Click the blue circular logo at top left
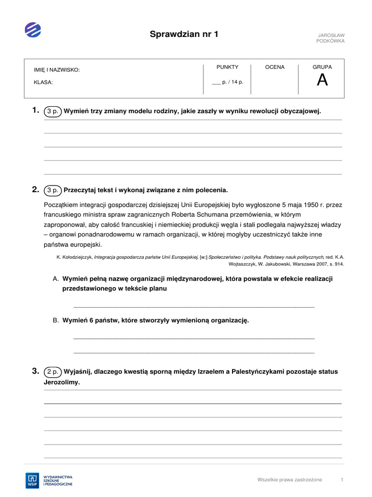(x=33, y=30)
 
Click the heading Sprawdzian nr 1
(x=184, y=34)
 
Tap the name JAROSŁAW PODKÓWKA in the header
(x=330, y=38)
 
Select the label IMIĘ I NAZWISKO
(x=57, y=70)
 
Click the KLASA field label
(x=43, y=82)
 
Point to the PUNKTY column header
(x=227, y=67)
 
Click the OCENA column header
(x=275, y=67)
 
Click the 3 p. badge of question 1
(x=52, y=111)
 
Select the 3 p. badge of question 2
(x=52, y=190)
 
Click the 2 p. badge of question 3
(x=52, y=372)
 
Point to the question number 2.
(x=35, y=189)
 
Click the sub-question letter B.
(x=56, y=320)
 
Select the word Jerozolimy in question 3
(x=62, y=382)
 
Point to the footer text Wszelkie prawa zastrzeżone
(x=290, y=480)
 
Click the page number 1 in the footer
(x=342, y=480)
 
